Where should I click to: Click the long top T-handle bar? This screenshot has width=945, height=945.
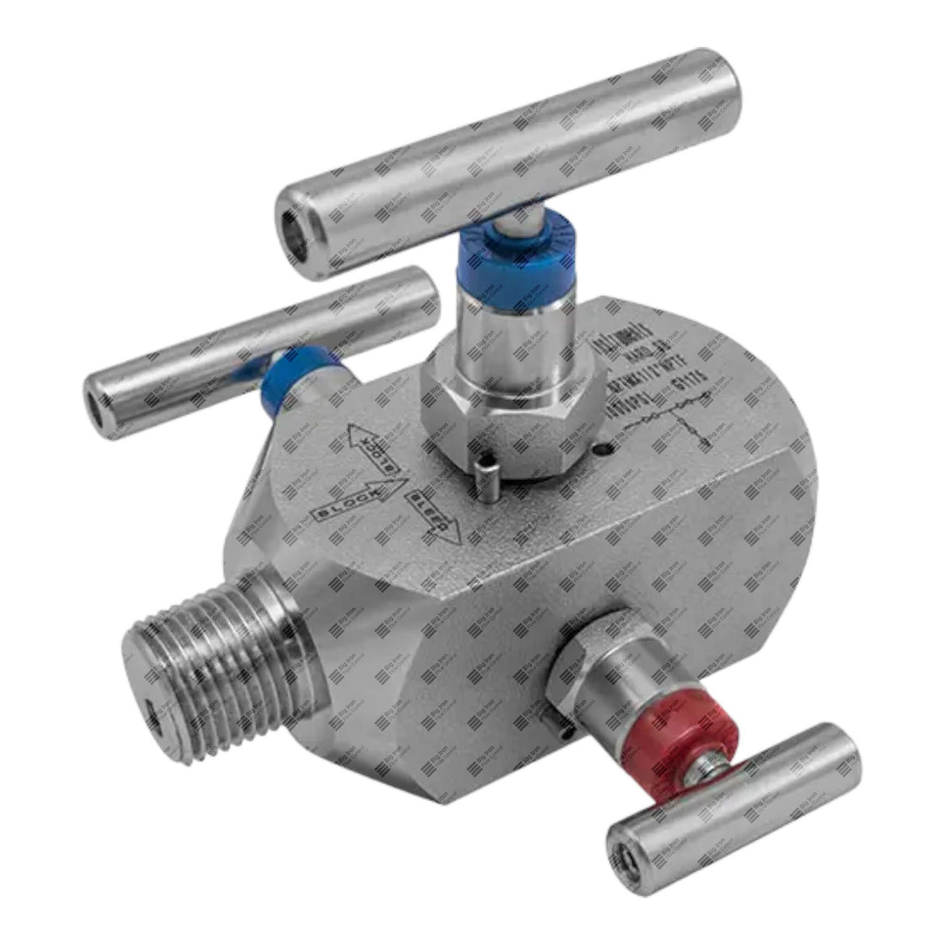(x=506, y=156)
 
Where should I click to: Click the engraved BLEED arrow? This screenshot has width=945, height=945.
(x=432, y=514)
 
